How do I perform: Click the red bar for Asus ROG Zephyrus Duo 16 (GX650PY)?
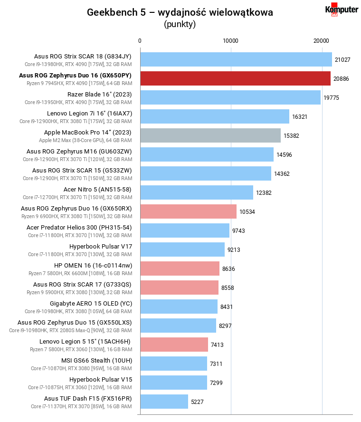click(x=235, y=78)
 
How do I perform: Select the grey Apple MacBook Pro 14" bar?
click(x=210, y=135)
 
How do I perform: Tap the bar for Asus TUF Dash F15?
click(x=164, y=402)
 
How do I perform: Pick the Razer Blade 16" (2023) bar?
click(x=230, y=97)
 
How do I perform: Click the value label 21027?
click(x=342, y=60)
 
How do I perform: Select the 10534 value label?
click(x=247, y=212)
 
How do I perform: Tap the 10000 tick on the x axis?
click(x=231, y=41)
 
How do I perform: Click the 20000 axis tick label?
click(x=322, y=41)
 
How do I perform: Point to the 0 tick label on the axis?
click(x=140, y=41)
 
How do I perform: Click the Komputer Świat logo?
click(x=342, y=10)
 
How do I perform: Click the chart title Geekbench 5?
click(x=180, y=13)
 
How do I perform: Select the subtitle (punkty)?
click(x=180, y=24)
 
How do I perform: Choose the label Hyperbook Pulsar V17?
click(x=101, y=246)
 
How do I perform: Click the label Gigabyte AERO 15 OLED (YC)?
click(x=91, y=303)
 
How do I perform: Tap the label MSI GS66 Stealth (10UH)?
click(x=96, y=360)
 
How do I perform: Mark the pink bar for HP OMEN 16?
click(x=180, y=269)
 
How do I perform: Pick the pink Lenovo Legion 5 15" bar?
click(x=174, y=345)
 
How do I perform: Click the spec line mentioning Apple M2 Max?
click(x=85, y=140)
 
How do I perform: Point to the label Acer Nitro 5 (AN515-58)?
click(x=97, y=189)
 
